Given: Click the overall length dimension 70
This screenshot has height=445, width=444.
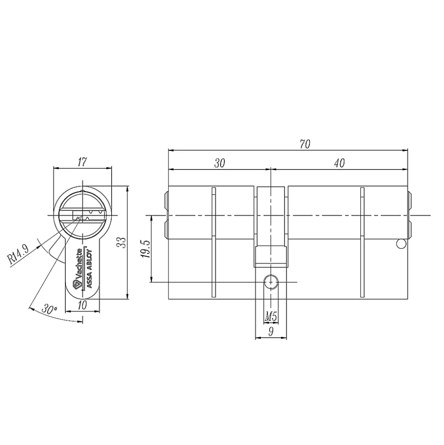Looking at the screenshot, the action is (305, 144).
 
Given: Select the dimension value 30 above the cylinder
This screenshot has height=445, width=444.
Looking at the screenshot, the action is (219, 163).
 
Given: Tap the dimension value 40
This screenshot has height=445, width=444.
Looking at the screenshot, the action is (339, 163).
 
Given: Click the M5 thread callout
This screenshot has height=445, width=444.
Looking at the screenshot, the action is (271, 316).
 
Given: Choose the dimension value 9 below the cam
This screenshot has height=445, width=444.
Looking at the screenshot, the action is (271, 331).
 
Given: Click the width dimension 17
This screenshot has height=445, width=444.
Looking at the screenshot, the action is (82, 162).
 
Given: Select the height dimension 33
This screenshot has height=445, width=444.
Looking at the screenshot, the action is (122, 242).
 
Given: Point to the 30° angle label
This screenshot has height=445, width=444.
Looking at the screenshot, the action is (49, 309).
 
